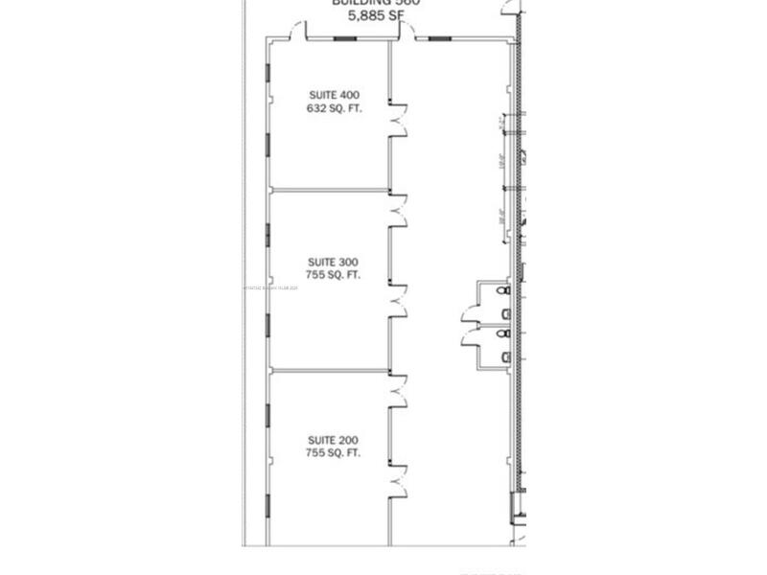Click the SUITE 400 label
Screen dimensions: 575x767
pos(333,95)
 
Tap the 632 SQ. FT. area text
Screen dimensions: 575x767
pos(333,108)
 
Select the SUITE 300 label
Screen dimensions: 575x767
pos(333,262)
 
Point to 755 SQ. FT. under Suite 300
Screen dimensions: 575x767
pos(333,275)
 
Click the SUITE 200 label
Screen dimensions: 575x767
pos(333,440)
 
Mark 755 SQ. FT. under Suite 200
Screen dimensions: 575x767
pos(333,453)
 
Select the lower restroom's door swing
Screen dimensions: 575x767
pos(475,337)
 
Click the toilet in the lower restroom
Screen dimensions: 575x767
pos(505,357)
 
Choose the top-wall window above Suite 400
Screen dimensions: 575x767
pos(344,38)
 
